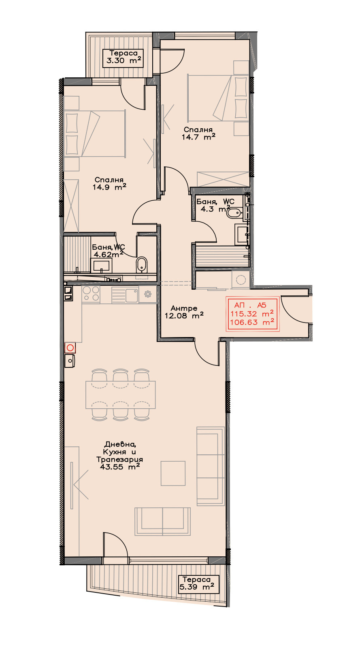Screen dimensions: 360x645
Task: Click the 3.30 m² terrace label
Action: point(124,57)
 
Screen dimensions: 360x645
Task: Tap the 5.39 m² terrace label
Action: point(196,583)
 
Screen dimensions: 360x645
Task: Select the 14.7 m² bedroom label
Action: point(198,133)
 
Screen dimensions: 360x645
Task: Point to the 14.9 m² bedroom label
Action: point(109,183)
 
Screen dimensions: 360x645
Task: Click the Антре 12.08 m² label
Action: point(184,312)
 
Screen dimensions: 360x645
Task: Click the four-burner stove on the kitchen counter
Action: point(91,294)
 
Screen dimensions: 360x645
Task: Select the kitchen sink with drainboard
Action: point(125,295)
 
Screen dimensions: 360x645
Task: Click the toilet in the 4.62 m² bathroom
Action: point(141,264)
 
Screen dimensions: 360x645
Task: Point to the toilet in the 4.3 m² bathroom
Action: point(234,213)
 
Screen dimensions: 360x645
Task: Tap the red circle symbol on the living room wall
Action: point(70,348)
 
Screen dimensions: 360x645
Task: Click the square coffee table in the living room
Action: point(173,473)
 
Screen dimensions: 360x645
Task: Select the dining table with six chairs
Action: point(121,395)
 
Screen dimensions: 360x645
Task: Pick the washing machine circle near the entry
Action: point(241,280)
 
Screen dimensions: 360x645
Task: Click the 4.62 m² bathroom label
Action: point(109,251)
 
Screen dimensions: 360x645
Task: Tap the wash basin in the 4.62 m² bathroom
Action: point(102,265)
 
